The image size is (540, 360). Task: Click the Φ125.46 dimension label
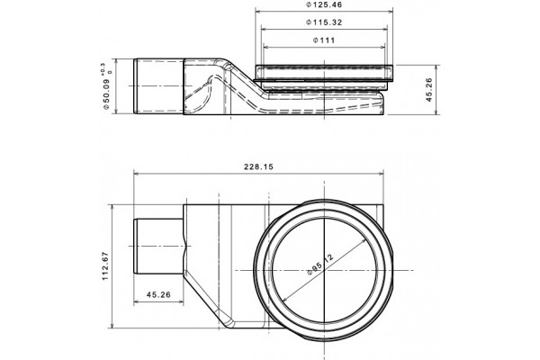pyautogui.click(x=324, y=4)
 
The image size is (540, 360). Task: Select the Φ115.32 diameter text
pyautogui.click(x=324, y=22)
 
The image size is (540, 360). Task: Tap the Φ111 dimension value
pyautogui.click(x=324, y=40)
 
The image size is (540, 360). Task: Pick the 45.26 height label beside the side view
pyautogui.click(x=429, y=90)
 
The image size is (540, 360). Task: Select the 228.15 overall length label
pyautogui.click(x=258, y=166)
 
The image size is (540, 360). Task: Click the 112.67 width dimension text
pyautogui.click(x=105, y=266)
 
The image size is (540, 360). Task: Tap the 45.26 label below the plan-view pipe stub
pyautogui.click(x=158, y=295)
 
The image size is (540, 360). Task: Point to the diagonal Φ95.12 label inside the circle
pyautogui.click(x=320, y=265)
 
